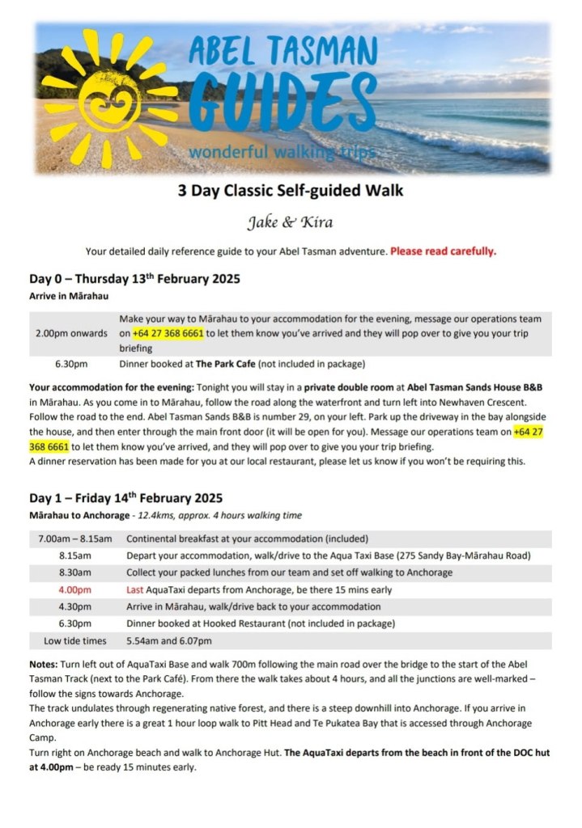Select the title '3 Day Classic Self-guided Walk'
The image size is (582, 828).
(291, 192)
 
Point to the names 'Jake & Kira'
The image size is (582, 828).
(291, 221)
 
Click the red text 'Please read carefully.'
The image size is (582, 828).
(444, 251)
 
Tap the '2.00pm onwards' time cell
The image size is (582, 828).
(71, 333)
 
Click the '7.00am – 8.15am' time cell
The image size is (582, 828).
(71, 539)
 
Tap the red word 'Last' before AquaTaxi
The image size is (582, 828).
(136, 589)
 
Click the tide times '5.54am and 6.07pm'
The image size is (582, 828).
(169, 640)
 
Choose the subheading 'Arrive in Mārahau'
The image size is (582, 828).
(70, 297)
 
